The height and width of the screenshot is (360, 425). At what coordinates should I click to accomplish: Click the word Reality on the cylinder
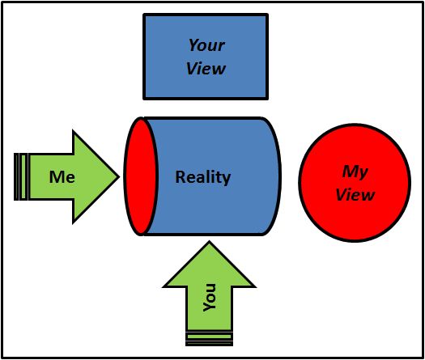click(x=203, y=178)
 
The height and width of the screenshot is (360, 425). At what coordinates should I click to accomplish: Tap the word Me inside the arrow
click(x=62, y=177)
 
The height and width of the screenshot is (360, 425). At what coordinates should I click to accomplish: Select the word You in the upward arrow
click(x=210, y=298)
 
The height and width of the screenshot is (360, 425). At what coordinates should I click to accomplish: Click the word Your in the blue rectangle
click(x=206, y=45)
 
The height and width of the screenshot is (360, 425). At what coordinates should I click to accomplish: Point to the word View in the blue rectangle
click(x=206, y=69)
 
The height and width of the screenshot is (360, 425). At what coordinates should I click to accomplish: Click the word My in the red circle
click(x=355, y=172)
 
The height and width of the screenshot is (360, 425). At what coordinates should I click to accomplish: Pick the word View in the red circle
click(x=355, y=194)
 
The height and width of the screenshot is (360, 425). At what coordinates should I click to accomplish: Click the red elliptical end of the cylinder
click(x=141, y=176)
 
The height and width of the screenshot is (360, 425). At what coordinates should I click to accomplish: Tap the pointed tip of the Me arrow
click(x=119, y=177)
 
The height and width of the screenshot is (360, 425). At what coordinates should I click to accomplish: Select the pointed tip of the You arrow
click(x=209, y=242)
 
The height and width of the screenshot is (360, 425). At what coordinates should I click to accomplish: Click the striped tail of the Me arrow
click(x=21, y=176)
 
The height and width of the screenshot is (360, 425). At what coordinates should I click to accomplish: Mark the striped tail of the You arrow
click(x=209, y=339)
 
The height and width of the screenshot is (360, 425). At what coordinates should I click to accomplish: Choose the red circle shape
click(x=355, y=183)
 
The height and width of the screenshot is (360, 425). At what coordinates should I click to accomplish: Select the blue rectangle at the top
click(x=206, y=57)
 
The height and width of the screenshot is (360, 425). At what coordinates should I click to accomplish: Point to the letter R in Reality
click(x=181, y=176)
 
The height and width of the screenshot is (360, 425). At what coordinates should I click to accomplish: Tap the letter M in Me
click(x=57, y=177)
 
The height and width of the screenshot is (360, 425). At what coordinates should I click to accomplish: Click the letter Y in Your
click(x=193, y=44)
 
